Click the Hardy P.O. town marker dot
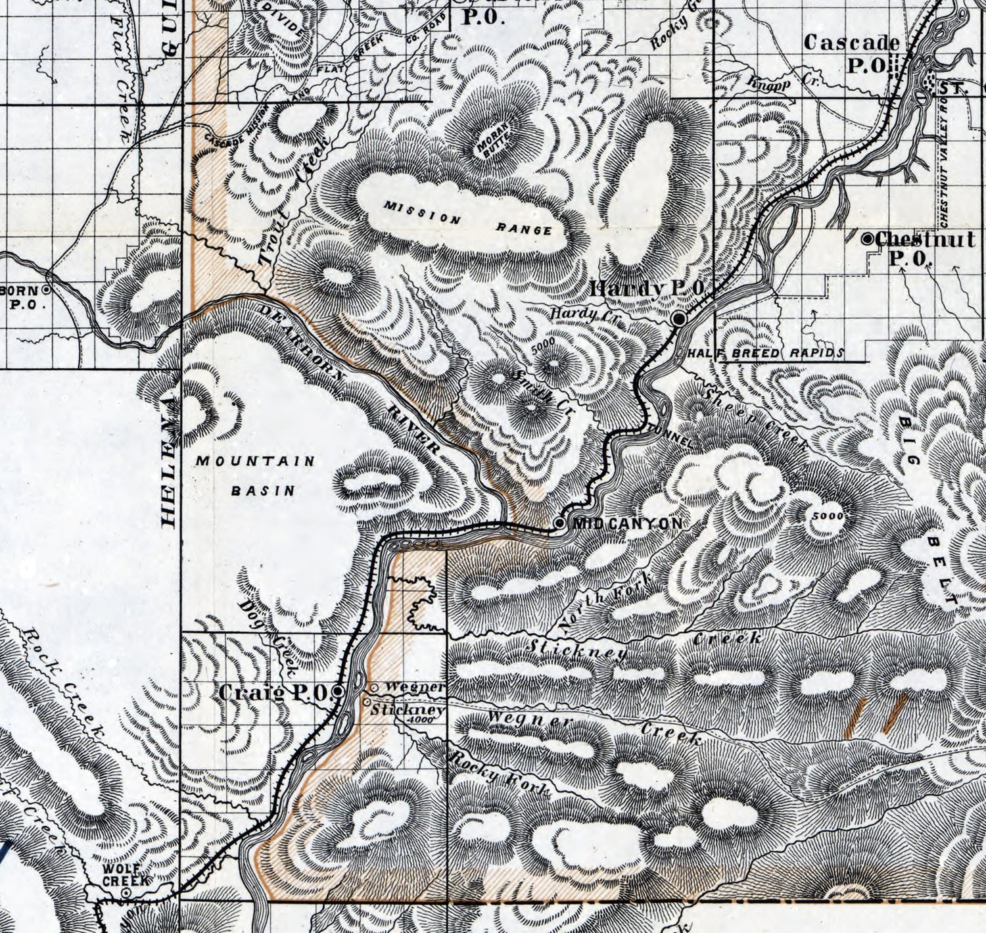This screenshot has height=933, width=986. point(679,319)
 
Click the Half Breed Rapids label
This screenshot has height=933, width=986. point(766,354)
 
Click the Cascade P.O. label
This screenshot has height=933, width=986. point(851,53)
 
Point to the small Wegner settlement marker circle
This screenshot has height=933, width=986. point(374,688)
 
